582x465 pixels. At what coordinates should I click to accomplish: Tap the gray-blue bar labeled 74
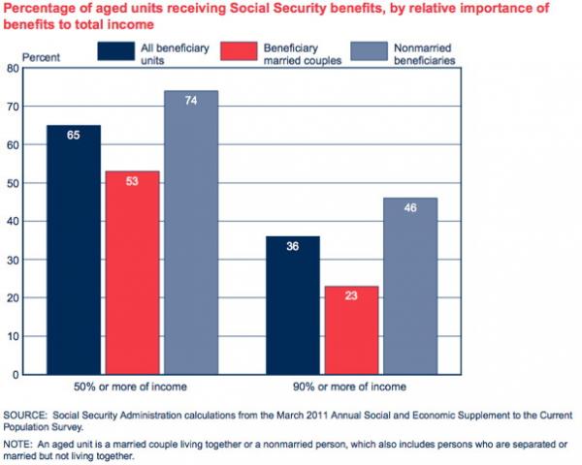click(191, 232)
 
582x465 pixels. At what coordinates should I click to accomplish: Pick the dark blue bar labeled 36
click(292, 305)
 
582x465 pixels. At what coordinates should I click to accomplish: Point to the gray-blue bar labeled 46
click(409, 287)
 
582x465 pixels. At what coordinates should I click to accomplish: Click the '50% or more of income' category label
click(132, 387)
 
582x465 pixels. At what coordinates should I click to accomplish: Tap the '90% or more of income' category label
click(351, 387)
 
